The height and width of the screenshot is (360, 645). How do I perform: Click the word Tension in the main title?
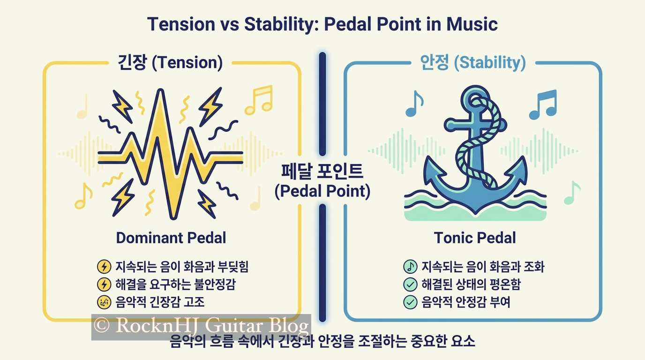pyautogui.click(x=181, y=24)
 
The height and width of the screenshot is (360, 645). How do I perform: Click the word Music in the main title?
pyautogui.click(x=472, y=24)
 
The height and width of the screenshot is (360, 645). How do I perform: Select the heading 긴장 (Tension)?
pyautogui.click(x=170, y=62)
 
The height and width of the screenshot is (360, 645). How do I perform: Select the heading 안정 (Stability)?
pyautogui.click(x=473, y=62)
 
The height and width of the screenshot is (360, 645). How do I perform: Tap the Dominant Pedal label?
pyautogui.click(x=171, y=238)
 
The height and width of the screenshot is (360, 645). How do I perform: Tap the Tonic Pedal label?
pyautogui.click(x=475, y=238)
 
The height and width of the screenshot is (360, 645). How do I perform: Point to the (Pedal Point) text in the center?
pyautogui.click(x=322, y=191)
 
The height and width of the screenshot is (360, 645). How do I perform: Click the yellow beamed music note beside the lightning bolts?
pyautogui.click(x=259, y=100)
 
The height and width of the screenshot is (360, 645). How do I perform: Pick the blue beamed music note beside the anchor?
pyautogui.click(x=543, y=105)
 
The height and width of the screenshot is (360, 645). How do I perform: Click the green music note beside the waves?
pyautogui.click(x=572, y=193)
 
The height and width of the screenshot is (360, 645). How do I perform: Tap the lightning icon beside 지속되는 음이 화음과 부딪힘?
pyautogui.click(x=104, y=266)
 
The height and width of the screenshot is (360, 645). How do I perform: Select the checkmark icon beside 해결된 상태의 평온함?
pyautogui.click(x=410, y=285)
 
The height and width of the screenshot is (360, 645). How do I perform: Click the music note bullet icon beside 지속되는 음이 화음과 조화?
pyautogui.click(x=410, y=266)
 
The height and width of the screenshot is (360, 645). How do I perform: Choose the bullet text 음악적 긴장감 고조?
pyautogui.click(x=160, y=302)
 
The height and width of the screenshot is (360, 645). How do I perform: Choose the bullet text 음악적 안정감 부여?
pyautogui.click(x=466, y=302)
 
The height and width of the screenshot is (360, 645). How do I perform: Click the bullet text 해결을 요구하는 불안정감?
pyautogui.click(x=175, y=284)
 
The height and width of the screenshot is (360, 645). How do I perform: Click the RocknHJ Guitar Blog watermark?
pyautogui.click(x=201, y=326)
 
